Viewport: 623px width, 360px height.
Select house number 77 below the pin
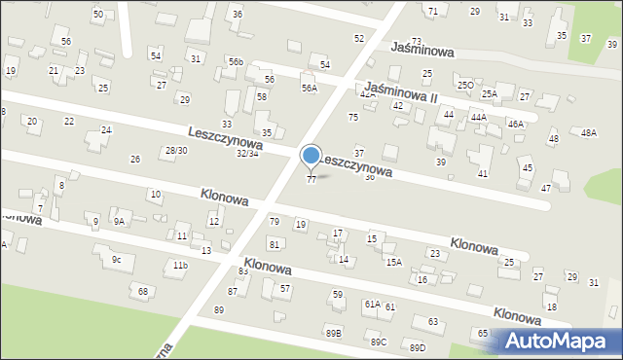(x=311, y=180)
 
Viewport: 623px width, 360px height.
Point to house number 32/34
(x=247, y=154)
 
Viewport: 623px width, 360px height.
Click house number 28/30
(x=175, y=150)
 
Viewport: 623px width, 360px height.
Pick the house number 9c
(x=116, y=259)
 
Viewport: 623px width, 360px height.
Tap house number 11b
(x=178, y=265)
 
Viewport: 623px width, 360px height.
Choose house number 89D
(x=418, y=347)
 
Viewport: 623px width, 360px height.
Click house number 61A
(x=372, y=304)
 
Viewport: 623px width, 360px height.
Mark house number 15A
(x=393, y=262)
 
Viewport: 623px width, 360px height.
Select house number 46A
(x=515, y=124)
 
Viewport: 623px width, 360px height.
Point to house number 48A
(x=588, y=132)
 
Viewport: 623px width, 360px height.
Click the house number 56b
(x=236, y=61)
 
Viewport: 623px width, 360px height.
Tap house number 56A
(x=309, y=89)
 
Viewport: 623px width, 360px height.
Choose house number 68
(x=143, y=291)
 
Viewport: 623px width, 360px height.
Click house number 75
(x=353, y=117)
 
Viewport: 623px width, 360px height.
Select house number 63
(x=432, y=321)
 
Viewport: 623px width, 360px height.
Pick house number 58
(x=262, y=97)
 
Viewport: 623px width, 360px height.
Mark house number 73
(x=416, y=41)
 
